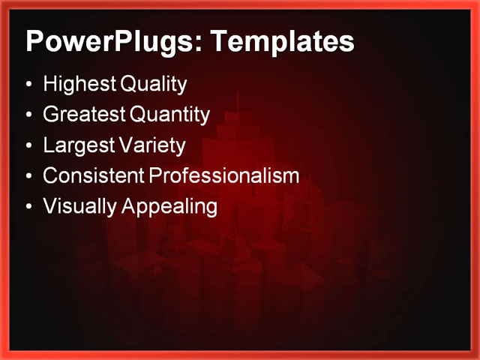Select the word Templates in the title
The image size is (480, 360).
coord(282,41)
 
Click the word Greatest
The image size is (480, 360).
coord(83,115)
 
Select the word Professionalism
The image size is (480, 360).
coord(223,175)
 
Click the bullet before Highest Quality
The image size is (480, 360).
coord(28,85)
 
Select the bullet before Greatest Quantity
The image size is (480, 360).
coord(28,115)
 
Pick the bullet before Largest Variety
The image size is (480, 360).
coord(28,145)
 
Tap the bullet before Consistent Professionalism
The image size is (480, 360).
coord(28,176)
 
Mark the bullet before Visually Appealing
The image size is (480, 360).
coord(28,207)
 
